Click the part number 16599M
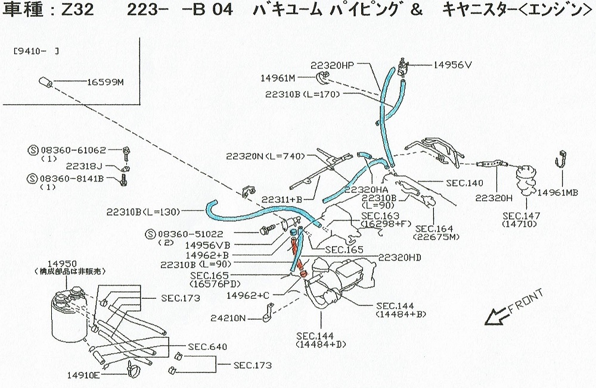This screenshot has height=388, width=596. point(105,82)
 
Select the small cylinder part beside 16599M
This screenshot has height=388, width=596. point(46,80)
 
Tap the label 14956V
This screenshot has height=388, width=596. point(452,65)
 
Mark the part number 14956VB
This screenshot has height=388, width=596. point(208,245)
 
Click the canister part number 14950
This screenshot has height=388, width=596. point(61,262)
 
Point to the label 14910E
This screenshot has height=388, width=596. point(84,376)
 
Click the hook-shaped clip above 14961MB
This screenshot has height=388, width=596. point(560,157)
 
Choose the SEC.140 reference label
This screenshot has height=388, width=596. point(464,183)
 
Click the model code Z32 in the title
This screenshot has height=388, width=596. point(75,11)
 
